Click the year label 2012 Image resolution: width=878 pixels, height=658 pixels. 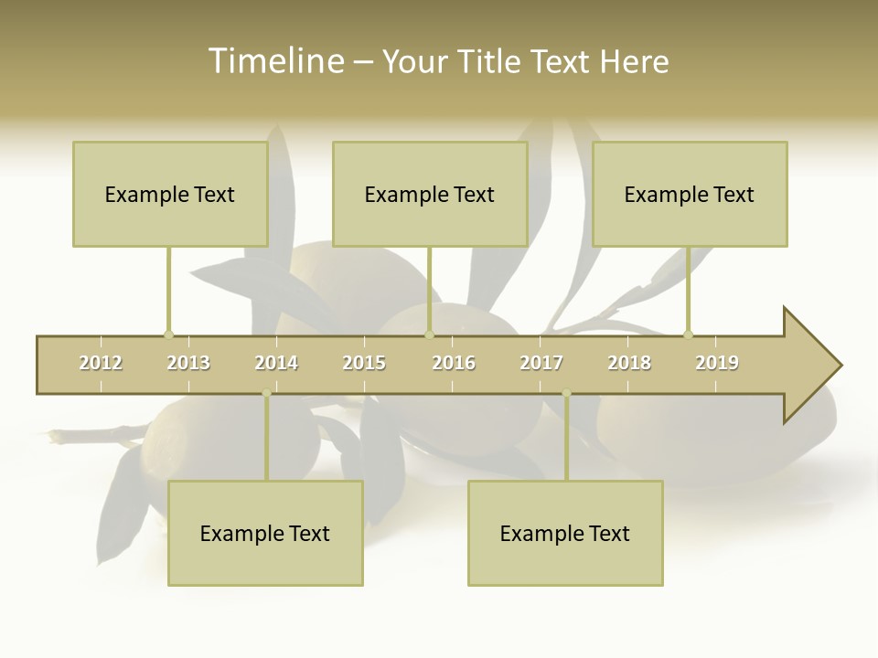click(101, 363)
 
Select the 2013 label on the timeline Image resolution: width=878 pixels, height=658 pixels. click(188, 363)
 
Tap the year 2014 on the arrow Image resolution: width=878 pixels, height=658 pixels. click(276, 363)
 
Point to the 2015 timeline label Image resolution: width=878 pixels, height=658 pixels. click(364, 363)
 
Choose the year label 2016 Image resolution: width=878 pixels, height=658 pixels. click(454, 363)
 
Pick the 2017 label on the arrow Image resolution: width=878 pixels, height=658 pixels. click(541, 363)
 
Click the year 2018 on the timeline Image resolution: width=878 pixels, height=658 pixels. click(629, 363)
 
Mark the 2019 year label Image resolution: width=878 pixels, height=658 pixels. click(717, 363)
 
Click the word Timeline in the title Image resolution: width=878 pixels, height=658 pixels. click(274, 61)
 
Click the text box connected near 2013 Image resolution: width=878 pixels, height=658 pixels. click(170, 194)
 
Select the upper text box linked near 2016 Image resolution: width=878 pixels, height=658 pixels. click(430, 194)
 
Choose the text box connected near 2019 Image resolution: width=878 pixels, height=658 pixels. click(690, 194)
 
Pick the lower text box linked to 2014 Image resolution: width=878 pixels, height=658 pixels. click(265, 533)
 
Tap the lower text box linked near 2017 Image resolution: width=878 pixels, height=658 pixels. click(565, 533)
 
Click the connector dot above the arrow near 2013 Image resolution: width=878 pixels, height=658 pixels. click(168, 334)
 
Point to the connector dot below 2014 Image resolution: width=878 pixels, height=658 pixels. click(266, 394)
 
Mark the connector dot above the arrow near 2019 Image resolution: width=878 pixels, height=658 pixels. click(688, 334)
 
